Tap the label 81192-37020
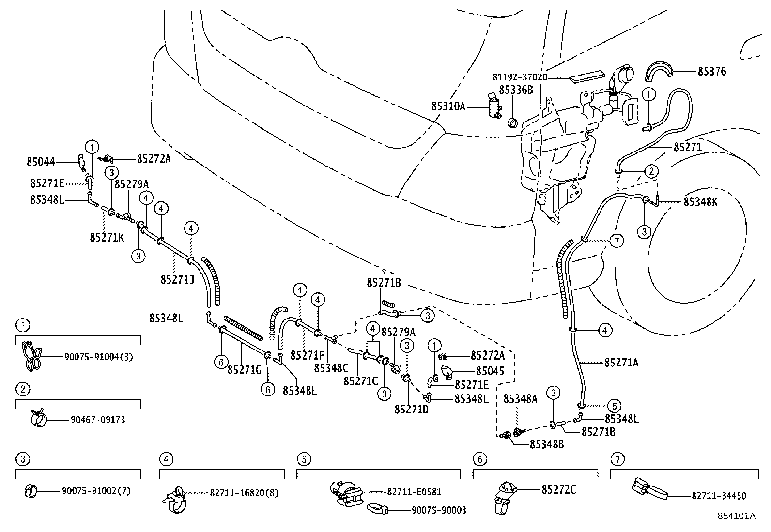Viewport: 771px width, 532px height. point(520,77)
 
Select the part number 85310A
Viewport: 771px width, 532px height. point(448,106)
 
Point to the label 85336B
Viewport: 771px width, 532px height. point(516,90)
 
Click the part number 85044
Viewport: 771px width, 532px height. point(41,163)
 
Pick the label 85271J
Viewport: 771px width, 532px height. point(177,279)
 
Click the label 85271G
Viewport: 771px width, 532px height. point(244,370)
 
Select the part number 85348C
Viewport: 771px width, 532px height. point(331,368)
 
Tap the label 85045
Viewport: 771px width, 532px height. point(490,371)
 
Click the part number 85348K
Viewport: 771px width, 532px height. point(700,202)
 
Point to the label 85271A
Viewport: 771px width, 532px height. point(621,362)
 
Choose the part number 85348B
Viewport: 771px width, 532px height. point(546,444)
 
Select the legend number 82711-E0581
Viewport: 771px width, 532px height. point(414,492)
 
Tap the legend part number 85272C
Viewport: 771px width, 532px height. point(558,490)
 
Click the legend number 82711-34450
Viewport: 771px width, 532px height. point(719,496)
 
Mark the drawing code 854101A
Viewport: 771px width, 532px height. point(736,516)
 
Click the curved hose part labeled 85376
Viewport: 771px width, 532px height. point(660,71)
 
